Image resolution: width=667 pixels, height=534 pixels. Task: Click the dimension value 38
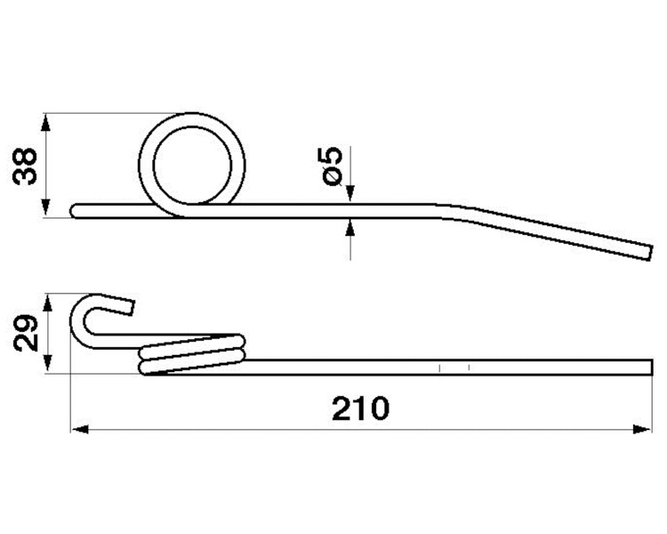[x=26, y=165]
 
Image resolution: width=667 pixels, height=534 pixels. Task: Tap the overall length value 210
[x=360, y=409]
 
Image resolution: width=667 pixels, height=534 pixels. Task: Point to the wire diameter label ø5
[x=333, y=165]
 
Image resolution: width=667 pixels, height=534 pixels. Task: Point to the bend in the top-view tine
[x=454, y=211]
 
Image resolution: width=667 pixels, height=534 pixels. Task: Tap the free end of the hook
[x=131, y=306]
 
